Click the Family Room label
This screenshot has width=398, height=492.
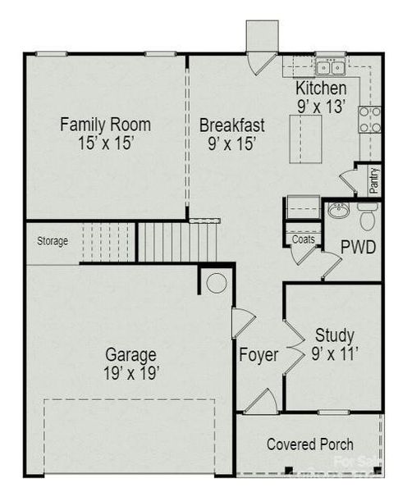point(105,125)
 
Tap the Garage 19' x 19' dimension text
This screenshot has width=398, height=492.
point(131,372)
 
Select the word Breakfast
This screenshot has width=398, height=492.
point(232,125)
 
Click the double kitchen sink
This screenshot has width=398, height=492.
point(331,65)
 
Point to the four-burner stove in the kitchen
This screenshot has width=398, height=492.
point(369,120)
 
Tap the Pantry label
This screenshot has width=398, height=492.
point(374,179)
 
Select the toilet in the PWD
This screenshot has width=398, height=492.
point(368,216)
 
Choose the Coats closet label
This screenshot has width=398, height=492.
point(302,240)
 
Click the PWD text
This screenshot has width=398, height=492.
point(359,248)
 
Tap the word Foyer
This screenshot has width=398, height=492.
point(258,356)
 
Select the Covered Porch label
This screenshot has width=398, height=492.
point(310,444)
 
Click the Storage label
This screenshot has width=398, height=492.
point(52,241)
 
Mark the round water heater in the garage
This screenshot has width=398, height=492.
point(217,284)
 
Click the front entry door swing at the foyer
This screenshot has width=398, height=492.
point(262,402)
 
